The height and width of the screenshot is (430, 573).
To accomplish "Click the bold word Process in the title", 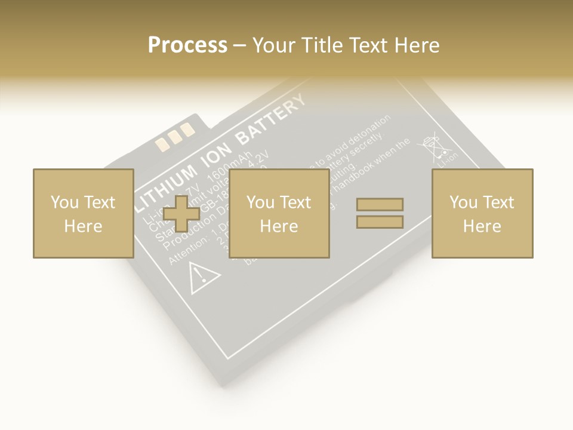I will (x=187, y=45).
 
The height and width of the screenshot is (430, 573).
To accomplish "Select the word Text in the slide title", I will (x=369, y=45).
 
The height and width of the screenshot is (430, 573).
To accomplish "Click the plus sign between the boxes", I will (x=181, y=213).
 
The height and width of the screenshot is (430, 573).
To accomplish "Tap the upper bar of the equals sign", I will (x=380, y=205).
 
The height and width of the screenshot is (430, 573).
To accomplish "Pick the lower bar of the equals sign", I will (x=380, y=222).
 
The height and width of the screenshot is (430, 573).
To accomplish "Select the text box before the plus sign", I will (x=83, y=213).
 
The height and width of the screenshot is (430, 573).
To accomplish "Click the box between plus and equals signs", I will (x=279, y=213).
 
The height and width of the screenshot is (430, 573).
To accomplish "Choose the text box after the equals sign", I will (x=482, y=213).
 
